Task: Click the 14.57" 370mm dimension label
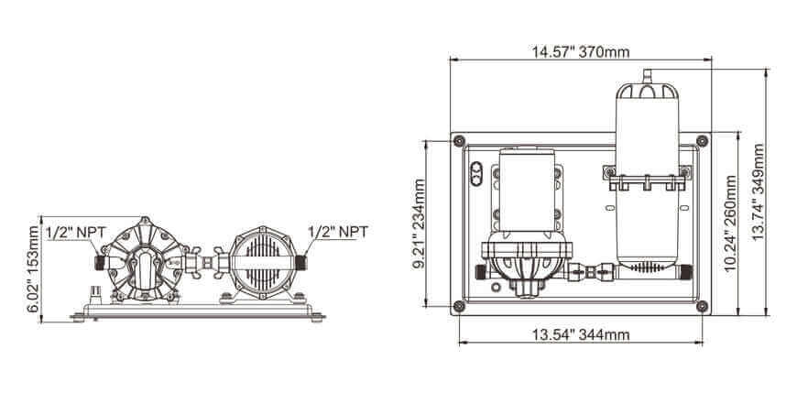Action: point(580,51)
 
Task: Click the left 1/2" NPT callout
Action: point(73,232)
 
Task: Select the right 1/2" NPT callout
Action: point(338,232)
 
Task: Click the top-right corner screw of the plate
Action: point(702,140)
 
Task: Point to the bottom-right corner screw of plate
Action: point(702,306)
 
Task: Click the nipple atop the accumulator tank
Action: point(645,74)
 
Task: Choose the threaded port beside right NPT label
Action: point(301,261)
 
